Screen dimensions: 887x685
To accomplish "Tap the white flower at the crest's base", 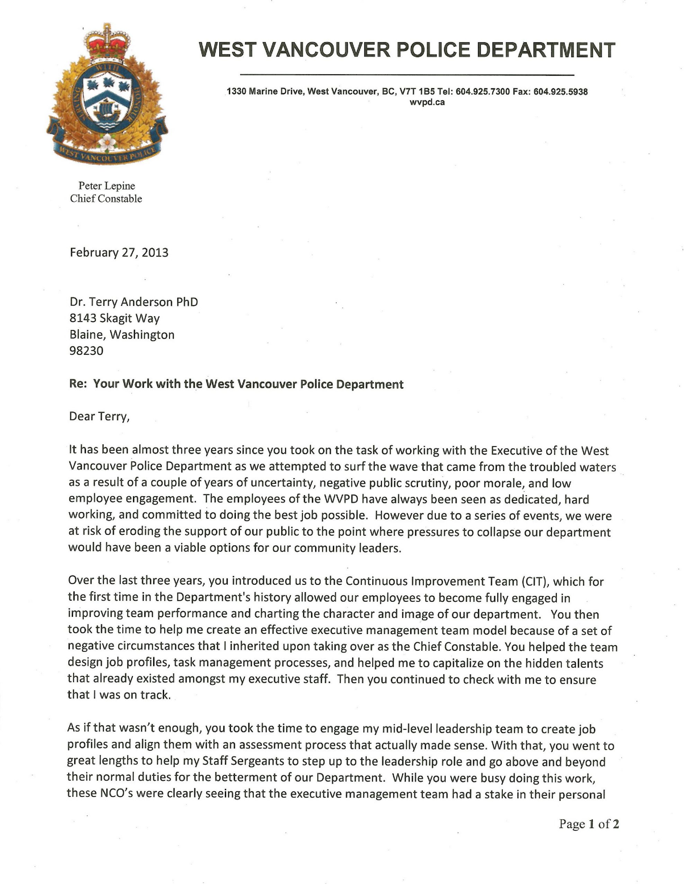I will [107, 141].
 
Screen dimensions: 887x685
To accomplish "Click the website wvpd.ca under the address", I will [427, 102].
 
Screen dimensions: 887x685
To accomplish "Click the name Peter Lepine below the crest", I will [106, 186].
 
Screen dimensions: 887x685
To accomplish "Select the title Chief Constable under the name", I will [106, 199].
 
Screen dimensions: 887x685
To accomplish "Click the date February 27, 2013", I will [119, 253].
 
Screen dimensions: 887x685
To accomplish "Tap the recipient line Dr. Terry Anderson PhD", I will [134, 302].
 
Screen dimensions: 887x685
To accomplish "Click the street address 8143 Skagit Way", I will [115, 318].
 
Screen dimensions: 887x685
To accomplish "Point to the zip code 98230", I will [87, 351].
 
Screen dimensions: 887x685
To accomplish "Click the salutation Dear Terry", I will [99, 417].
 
